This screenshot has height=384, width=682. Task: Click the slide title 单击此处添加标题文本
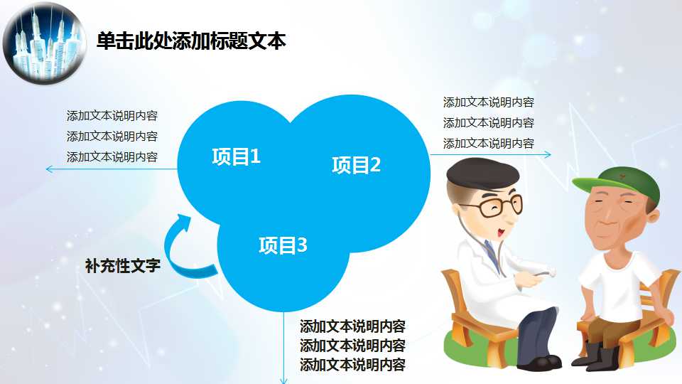coord(190,41)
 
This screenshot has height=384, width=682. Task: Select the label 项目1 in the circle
coord(236,156)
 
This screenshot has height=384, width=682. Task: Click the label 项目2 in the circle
coord(356,165)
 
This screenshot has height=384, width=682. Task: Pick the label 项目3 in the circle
coord(283,246)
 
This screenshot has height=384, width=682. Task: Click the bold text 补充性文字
coord(122,267)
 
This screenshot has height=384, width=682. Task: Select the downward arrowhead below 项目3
coord(284,379)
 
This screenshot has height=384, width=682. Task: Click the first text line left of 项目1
coord(112,116)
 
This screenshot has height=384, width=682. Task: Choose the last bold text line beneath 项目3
coord(352,366)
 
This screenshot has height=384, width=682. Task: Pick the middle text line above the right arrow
coord(488,123)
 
